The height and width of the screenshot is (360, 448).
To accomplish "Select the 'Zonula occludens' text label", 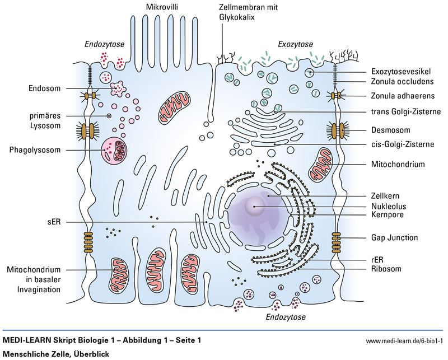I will pos(402,82).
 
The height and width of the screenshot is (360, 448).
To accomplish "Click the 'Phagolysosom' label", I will pos(35,149).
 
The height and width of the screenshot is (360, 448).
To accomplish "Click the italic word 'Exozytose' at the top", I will pos(296,44).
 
